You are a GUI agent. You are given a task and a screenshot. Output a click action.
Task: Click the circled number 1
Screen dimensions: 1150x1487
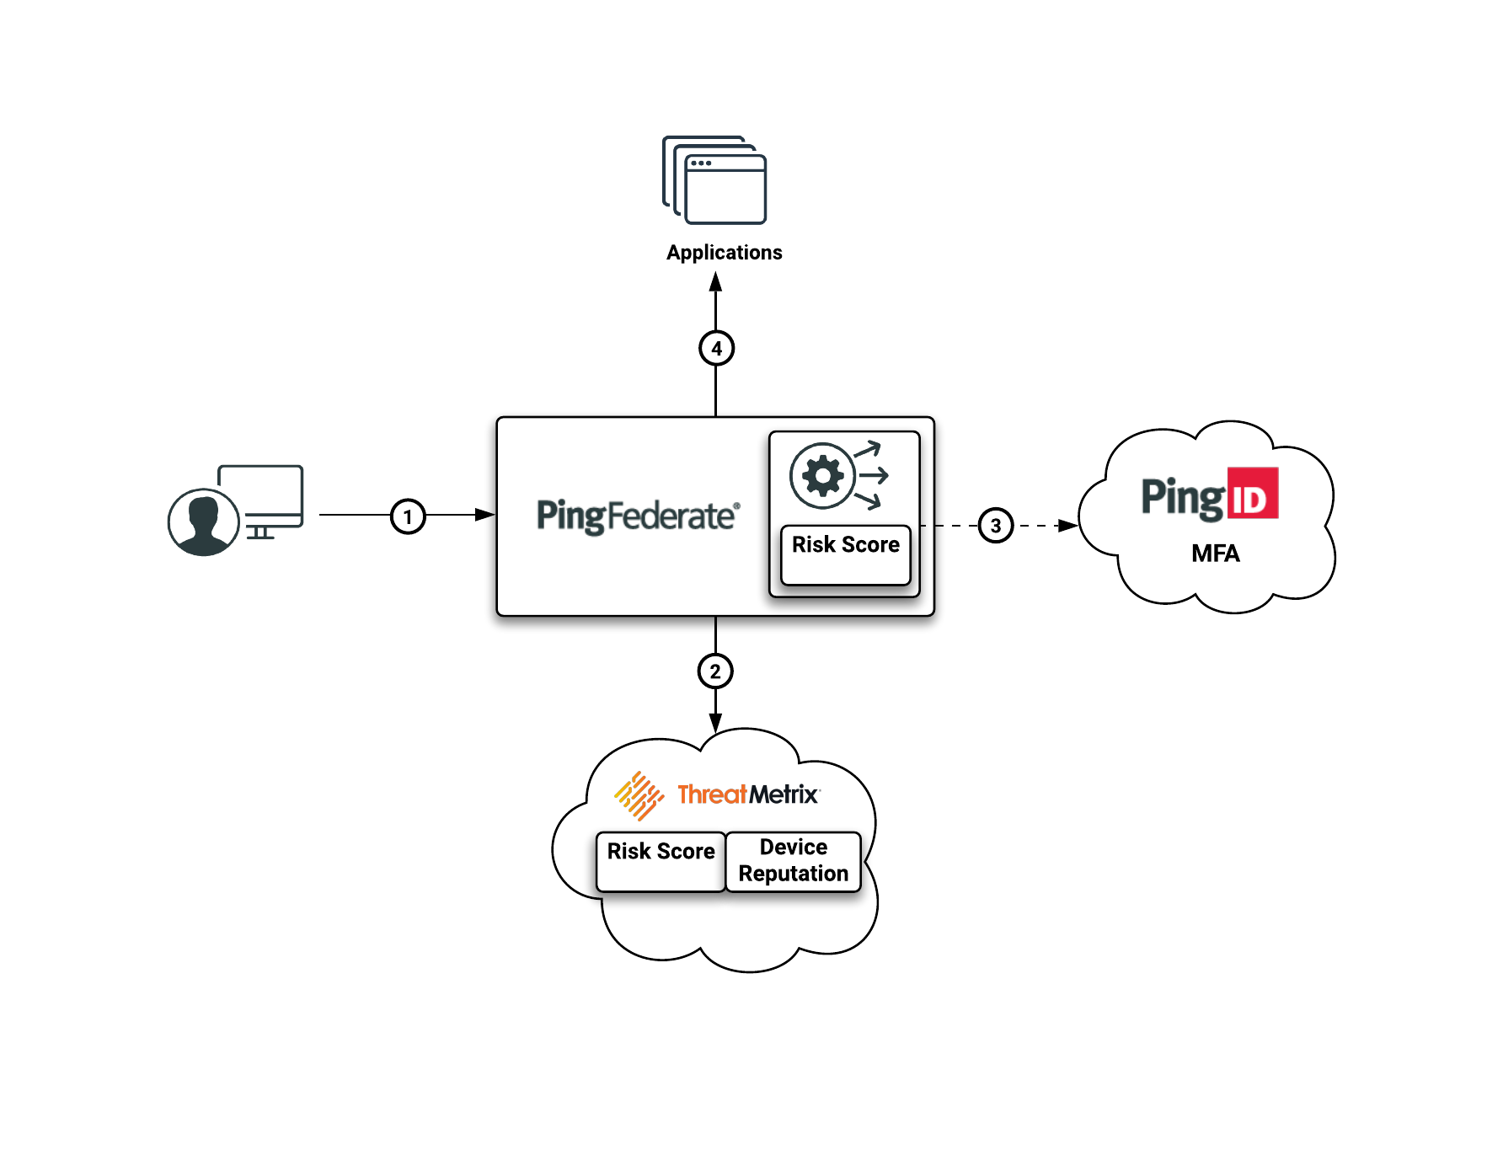coord(408,516)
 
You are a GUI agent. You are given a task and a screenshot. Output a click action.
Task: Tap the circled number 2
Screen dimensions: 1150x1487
coord(715,671)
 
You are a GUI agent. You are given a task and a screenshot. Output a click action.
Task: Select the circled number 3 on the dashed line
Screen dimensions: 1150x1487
coord(996,526)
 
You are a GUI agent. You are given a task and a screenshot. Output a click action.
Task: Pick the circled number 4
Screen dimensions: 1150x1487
coord(716,348)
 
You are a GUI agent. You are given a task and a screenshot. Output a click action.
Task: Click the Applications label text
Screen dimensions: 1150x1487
coord(724,253)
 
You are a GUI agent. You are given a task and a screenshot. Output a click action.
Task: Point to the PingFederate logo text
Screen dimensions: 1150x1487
coord(638,516)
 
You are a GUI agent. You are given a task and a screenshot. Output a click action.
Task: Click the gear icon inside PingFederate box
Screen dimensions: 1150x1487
coord(822,476)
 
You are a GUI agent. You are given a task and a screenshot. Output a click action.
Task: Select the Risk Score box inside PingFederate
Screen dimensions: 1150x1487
coord(845,554)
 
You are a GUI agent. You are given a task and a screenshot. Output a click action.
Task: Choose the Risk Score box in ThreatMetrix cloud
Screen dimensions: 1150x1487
coord(661,860)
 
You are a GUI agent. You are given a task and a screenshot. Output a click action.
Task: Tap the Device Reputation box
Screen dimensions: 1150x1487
coord(793,860)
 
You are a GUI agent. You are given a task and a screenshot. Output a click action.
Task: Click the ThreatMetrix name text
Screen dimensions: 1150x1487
coord(747,794)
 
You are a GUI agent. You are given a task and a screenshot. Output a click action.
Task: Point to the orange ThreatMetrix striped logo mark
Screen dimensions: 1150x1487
coord(639,794)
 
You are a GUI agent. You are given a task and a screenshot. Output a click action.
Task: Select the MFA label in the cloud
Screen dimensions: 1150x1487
coord(1215,554)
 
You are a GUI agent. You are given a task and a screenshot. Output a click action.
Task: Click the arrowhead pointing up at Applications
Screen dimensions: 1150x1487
coord(715,281)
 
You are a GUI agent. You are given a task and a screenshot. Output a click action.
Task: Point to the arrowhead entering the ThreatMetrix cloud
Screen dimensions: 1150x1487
coord(715,723)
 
